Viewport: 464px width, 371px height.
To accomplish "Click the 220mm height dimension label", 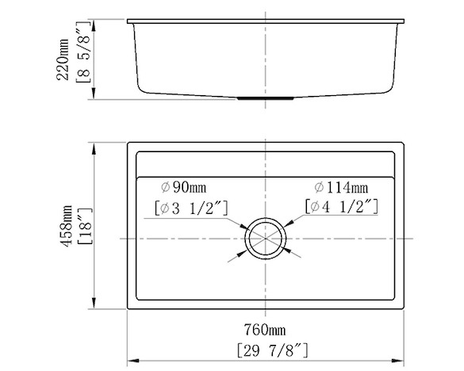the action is click(63, 59).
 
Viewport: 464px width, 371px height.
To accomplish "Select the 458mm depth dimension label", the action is click(66, 226).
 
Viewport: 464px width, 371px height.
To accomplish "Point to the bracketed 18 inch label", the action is click(86, 226).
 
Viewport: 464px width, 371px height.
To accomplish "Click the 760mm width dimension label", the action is click(265, 330).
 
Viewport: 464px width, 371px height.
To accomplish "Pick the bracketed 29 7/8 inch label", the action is click(273, 350).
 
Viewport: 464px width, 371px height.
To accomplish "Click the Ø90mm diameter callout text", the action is click(183, 187).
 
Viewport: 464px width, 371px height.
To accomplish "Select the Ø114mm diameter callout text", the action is click(341, 188).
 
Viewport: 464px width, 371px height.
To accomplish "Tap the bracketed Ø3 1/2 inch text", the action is click(191, 208).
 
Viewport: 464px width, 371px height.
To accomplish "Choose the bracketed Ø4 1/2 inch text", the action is click(342, 206).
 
